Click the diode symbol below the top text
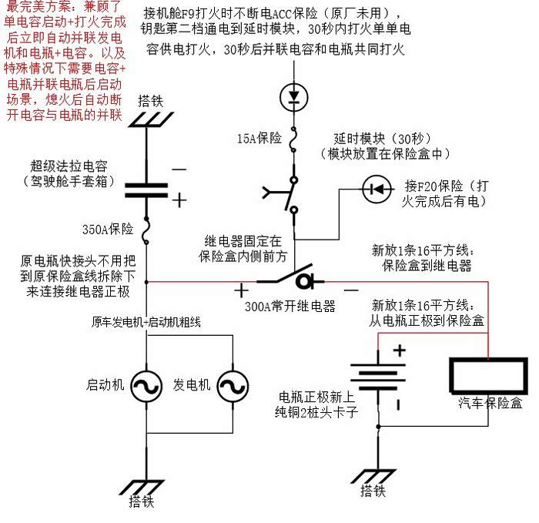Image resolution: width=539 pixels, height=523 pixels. pos(293,96)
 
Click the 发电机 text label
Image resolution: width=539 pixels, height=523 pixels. pos(192,385)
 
